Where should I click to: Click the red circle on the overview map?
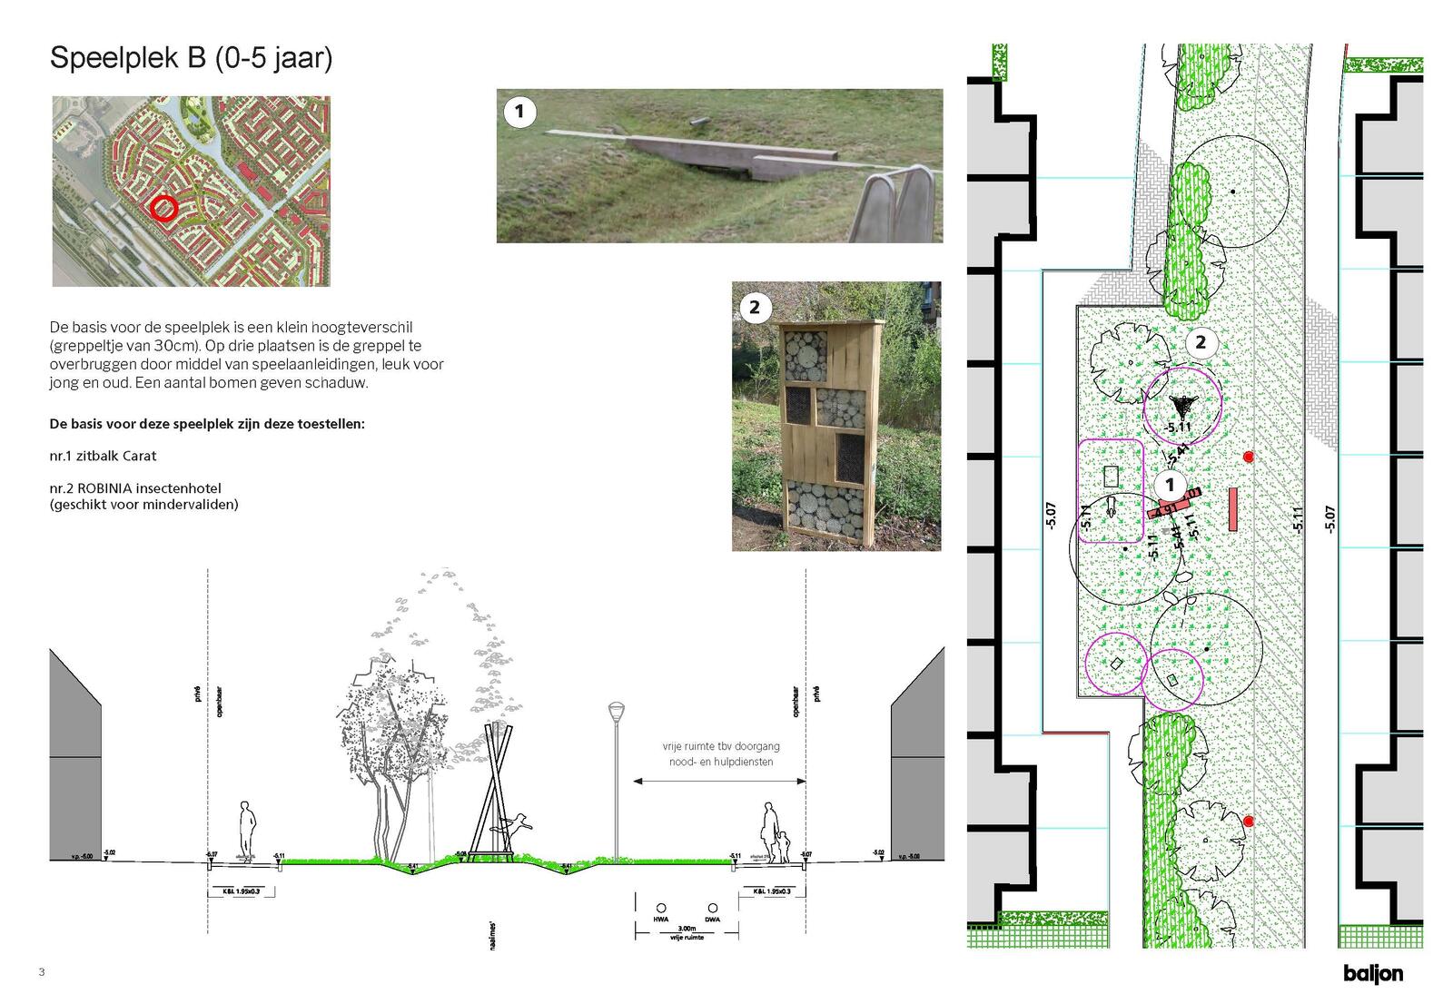(163, 208)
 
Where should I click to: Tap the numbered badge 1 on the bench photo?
(519, 112)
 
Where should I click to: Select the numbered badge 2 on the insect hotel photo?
(755, 307)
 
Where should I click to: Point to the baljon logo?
(1373, 973)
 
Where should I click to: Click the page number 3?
(42, 972)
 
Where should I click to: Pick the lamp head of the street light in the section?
(617, 710)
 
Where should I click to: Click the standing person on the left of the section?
(246, 829)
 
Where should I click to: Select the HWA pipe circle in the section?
(661, 908)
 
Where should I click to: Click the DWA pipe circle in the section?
(713, 908)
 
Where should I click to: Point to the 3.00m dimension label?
(687, 929)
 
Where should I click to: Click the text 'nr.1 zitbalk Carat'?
(103, 456)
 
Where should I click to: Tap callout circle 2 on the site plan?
(1201, 342)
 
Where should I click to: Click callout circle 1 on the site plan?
(1171, 485)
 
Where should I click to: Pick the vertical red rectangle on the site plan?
(1233, 508)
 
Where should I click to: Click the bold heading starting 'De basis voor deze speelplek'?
(207, 424)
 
